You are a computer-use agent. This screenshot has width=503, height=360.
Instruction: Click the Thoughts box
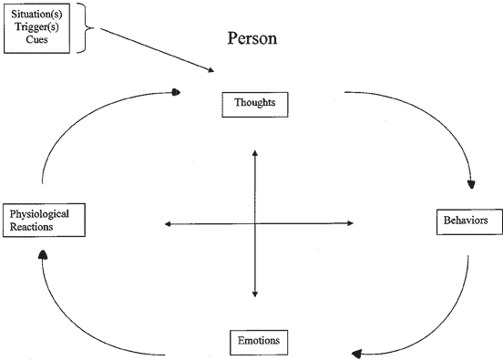point(255,104)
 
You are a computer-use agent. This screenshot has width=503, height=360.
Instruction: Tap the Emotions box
point(260,342)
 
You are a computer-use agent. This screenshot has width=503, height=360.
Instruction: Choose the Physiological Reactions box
point(46,219)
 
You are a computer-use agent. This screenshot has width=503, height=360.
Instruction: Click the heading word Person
point(251,40)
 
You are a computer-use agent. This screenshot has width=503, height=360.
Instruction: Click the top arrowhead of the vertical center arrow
point(254,152)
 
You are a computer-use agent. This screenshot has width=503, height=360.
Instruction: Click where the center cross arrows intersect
point(254,223)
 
